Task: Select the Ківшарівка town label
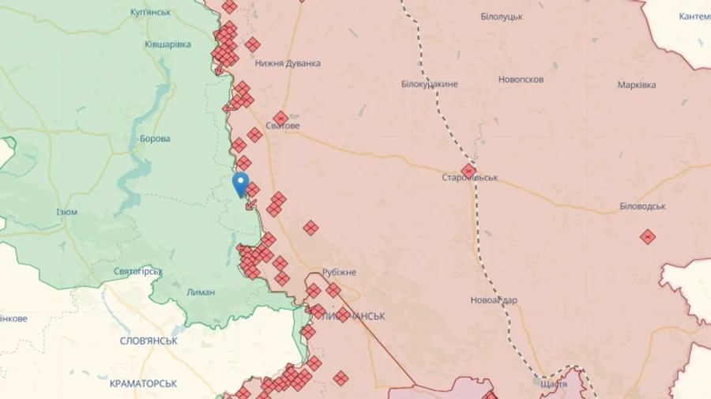tap(167, 44)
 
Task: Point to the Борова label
tap(155, 139)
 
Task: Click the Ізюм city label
tap(67, 212)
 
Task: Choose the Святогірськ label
tap(138, 272)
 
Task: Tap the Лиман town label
tap(201, 292)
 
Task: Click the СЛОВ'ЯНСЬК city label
tap(149, 341)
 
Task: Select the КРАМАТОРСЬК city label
tap(143, 383)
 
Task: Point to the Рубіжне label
tap(339, 273)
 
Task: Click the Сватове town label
tap(282, 126)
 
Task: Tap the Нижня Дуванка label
tap(288, 63)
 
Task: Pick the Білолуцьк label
tap(502, 17)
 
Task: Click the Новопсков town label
tap(521, 80)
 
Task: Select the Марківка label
tap(637, 85)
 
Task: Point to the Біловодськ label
tap(642, 206)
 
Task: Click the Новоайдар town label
tap(494, 300)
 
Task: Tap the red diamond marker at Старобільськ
tap(468, 171)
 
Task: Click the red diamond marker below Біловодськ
tap(648, 236)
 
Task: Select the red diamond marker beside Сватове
tap(280, 118)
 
